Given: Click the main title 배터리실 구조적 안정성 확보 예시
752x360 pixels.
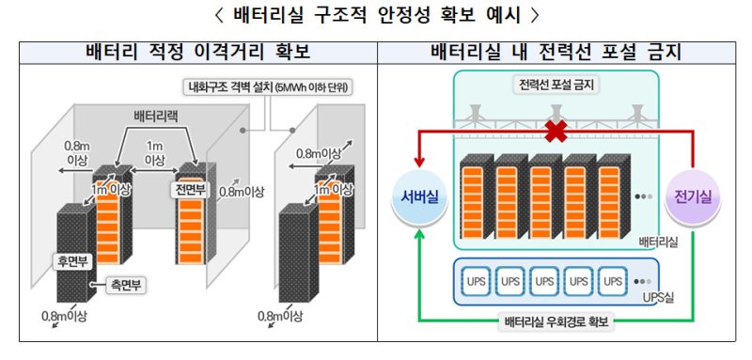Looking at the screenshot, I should coord(376,15).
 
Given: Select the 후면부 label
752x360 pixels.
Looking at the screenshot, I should coord(68,257).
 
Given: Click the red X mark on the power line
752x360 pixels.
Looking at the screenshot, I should coord(556,133).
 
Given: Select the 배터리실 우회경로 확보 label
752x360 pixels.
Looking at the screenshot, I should coord(556,322).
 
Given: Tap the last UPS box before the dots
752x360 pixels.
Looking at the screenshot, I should coord(612,280).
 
